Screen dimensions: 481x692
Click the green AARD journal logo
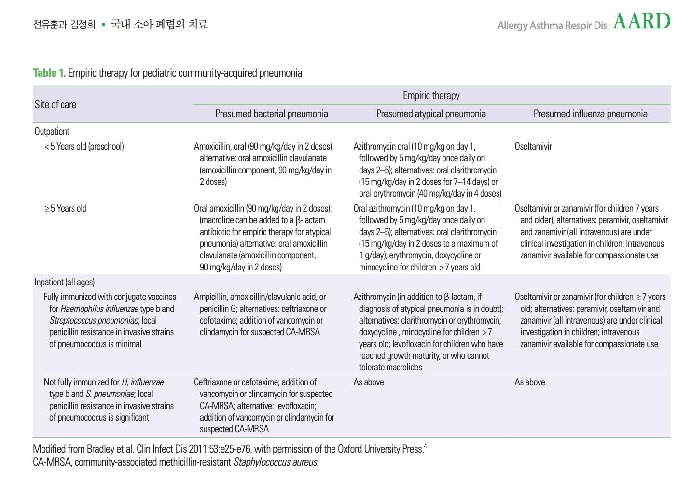click(641, 21)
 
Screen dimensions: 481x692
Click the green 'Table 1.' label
click(49, 73)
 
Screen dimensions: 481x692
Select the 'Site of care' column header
click(55, 105)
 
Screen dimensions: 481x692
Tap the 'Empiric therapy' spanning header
click(431, 96)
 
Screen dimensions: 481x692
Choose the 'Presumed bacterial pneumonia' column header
click(271, 114)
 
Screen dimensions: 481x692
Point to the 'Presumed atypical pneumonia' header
click(431, 114)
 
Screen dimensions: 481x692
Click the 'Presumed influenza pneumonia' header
click(590, 114)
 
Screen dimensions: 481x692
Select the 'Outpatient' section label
click(52, 131)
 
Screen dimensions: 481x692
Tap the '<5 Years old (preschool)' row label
click(84, 146)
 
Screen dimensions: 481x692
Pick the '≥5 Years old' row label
click(66, 208)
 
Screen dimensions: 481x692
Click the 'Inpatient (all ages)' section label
click(65, 282)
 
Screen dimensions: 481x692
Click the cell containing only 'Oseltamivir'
click(533, 146)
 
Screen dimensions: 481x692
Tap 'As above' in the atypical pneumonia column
click(369, 382)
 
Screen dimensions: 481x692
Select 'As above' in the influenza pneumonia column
click(530, 382)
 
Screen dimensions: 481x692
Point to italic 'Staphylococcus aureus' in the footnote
click(275, 462)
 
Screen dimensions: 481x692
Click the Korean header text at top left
click(120, 24)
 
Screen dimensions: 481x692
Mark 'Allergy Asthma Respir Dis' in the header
click(552, 25)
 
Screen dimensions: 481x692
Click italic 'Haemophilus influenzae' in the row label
click(106, 309)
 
